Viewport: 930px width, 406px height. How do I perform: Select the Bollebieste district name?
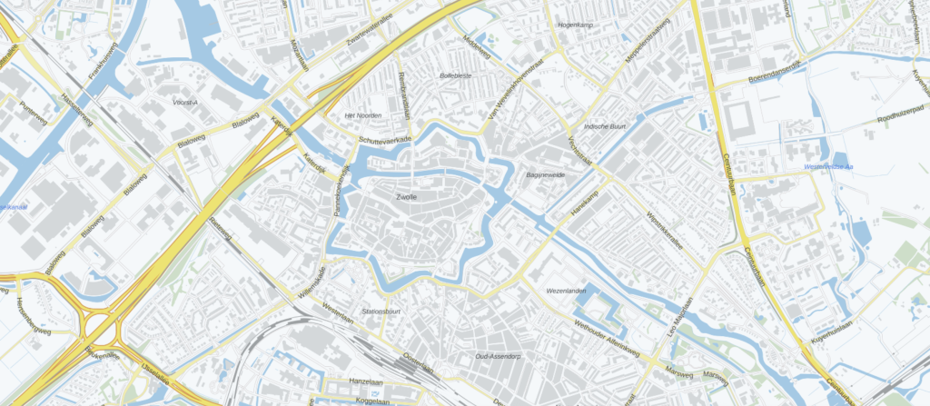455,76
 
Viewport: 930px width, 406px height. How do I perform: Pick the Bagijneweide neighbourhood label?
546,173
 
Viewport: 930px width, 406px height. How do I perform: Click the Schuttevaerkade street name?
385,140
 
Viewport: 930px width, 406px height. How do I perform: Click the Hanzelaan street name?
369,381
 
